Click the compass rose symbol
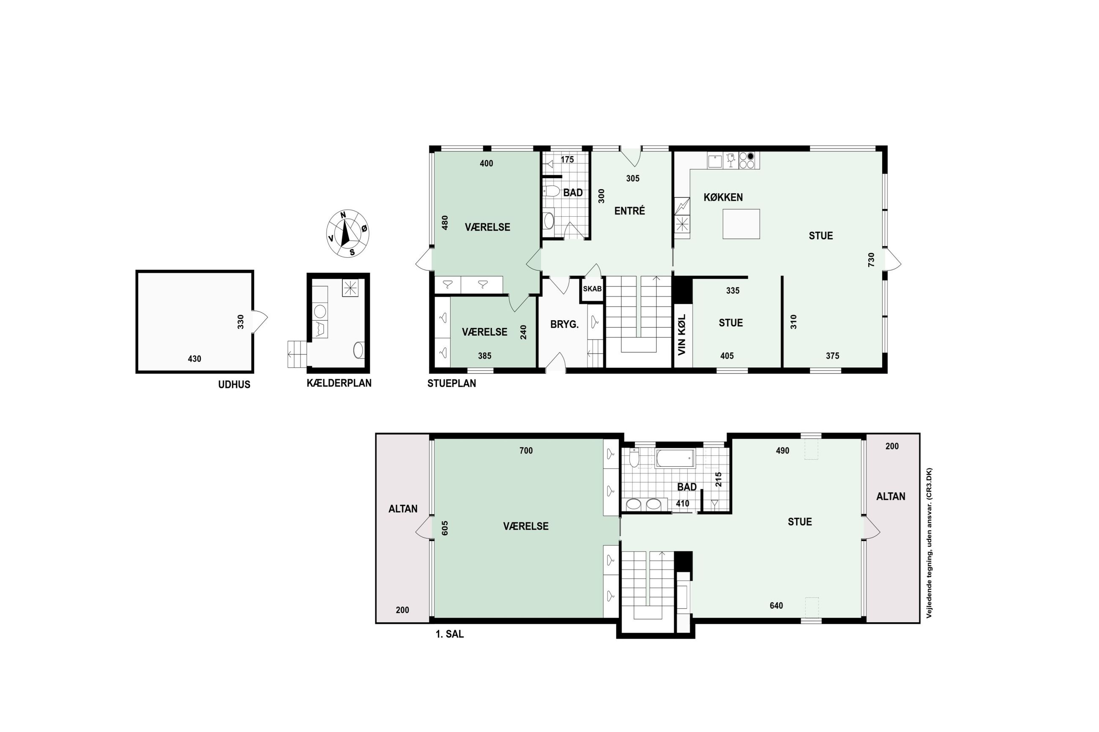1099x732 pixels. [347, 234]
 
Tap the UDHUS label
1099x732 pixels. [234, 385]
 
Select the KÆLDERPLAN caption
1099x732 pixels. [339, 383]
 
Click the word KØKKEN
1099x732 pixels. [723, 198]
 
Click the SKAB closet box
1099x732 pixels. [592, 289]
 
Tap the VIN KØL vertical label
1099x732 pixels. [681, 334]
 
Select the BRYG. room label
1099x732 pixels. [564, 324]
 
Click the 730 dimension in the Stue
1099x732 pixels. [871, 260]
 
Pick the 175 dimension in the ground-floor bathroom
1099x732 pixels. [567, 160]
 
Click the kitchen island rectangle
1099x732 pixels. [741, 224]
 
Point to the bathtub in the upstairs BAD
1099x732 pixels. [675, 458]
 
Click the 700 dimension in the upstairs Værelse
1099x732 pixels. [526, 451]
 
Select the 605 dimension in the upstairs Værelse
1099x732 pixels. [445, 528]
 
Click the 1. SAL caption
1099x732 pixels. [449, 634]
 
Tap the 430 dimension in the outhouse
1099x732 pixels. [194, 359]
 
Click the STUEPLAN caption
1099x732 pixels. [452, 383]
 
